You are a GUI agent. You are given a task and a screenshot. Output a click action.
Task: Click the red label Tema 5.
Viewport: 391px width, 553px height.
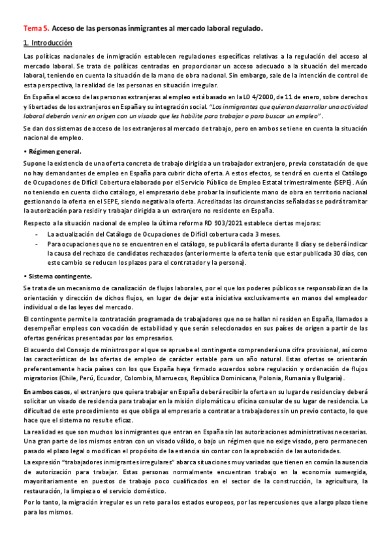pyautogui.click(x=35, y=29)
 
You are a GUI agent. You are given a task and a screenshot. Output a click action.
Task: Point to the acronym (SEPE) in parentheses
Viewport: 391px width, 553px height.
pyautogui.click(x=349, y=183)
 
